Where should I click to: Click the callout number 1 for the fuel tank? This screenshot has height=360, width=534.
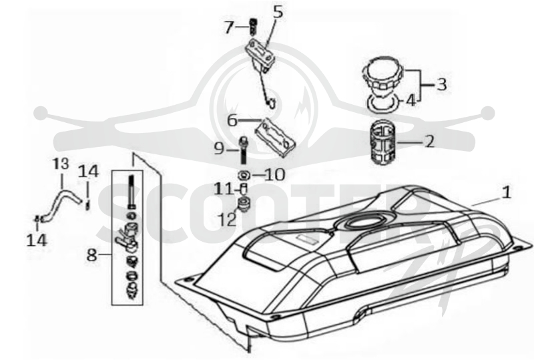click(x=507, y=192)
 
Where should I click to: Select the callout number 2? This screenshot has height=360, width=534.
click(x=430, y=141)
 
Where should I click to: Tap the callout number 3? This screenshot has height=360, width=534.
click(x=442, y=84)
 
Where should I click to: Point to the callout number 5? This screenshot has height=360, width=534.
click(x=278, y=12)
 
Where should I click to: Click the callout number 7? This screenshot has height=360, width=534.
click(x=229, y=27)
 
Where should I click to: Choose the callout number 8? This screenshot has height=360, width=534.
click(x=91, y=254)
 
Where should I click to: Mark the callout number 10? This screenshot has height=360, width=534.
click(x=274, y=175)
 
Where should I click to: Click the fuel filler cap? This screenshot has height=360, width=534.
click(x=382, y=77)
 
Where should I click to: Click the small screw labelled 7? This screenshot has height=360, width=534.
click(x=253, y=26)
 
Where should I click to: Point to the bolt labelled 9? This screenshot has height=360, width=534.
click(x=244, y=150)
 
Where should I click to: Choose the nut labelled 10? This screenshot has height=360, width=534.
click(x=244, y=175)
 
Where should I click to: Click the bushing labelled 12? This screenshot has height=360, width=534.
click(x=243, y=204)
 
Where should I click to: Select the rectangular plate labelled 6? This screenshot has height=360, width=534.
click(x=276, y=138)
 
